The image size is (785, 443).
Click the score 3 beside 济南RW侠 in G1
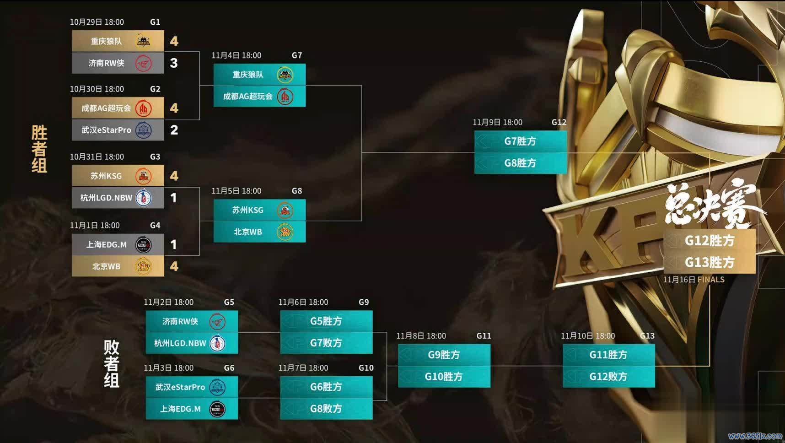174,63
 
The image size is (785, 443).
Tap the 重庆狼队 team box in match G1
118,41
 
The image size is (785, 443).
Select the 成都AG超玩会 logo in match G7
285,97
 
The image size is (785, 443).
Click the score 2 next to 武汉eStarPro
174,130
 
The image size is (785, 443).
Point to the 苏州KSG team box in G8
259,210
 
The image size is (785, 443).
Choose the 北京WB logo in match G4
144,266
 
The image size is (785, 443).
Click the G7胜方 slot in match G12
521,141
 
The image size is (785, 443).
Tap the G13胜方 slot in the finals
710,262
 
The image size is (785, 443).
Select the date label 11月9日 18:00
497,122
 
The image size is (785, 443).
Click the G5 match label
229,302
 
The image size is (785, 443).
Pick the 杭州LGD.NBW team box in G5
192,343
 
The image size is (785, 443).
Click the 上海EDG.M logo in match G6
217,409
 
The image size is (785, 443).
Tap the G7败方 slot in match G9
326,343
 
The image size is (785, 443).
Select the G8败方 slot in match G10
326,409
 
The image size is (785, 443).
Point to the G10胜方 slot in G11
444,377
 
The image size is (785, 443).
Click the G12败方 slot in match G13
608,377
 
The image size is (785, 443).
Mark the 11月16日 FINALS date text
694,280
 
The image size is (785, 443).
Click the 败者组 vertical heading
111,364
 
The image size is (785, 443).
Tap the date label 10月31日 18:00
97,157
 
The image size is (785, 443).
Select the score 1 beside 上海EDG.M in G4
173,245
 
